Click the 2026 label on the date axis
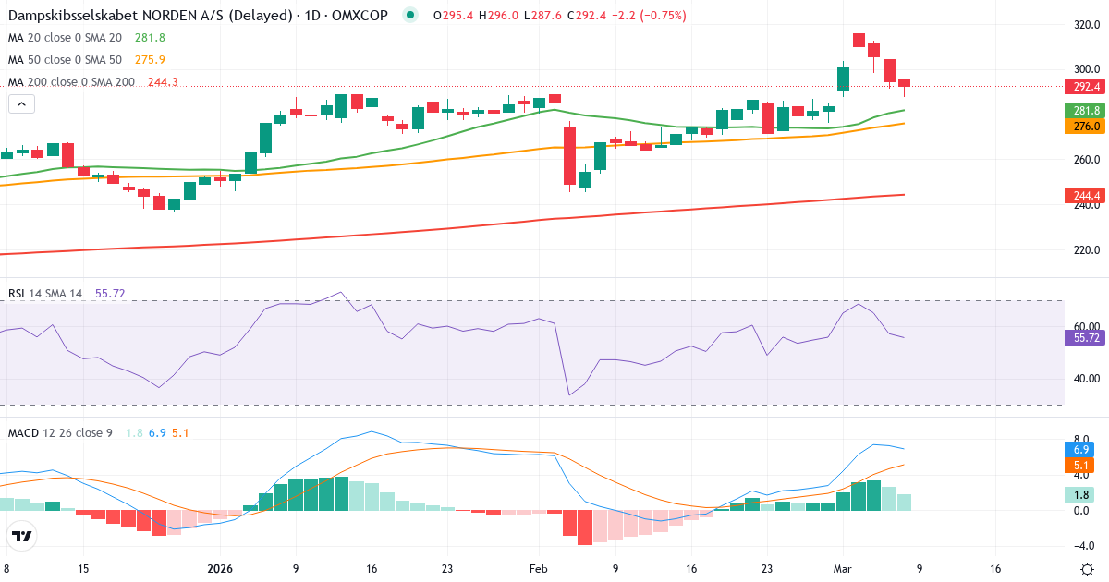220,569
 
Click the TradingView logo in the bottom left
22,536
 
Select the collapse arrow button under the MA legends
21,104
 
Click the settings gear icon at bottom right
1087,569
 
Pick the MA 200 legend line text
71,82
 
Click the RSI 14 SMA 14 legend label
45,294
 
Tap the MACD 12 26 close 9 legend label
60,432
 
